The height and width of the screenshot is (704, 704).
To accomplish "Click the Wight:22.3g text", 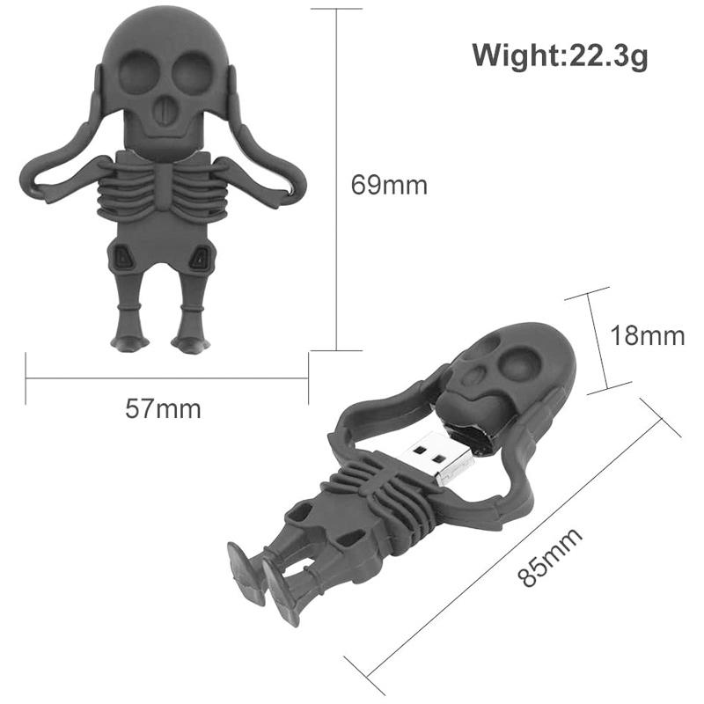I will click(561, 55).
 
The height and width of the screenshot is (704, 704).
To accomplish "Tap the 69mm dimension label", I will click(389, 186).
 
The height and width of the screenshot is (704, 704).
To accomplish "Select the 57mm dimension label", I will click(163, 408).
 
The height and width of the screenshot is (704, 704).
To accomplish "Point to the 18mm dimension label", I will click(648, 335).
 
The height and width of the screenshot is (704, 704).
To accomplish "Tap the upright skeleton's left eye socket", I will click(135, 70).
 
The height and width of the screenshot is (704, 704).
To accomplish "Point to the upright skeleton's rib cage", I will click(163, 189).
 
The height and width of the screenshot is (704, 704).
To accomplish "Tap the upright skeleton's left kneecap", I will click(123, 258).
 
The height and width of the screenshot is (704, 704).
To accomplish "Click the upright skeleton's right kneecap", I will click(202, 258).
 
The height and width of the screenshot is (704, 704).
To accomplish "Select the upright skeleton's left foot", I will click(127, 340).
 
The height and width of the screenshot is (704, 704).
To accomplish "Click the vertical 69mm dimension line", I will click(336, 176).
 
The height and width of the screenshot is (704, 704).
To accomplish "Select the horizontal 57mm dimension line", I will click(167, 379).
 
